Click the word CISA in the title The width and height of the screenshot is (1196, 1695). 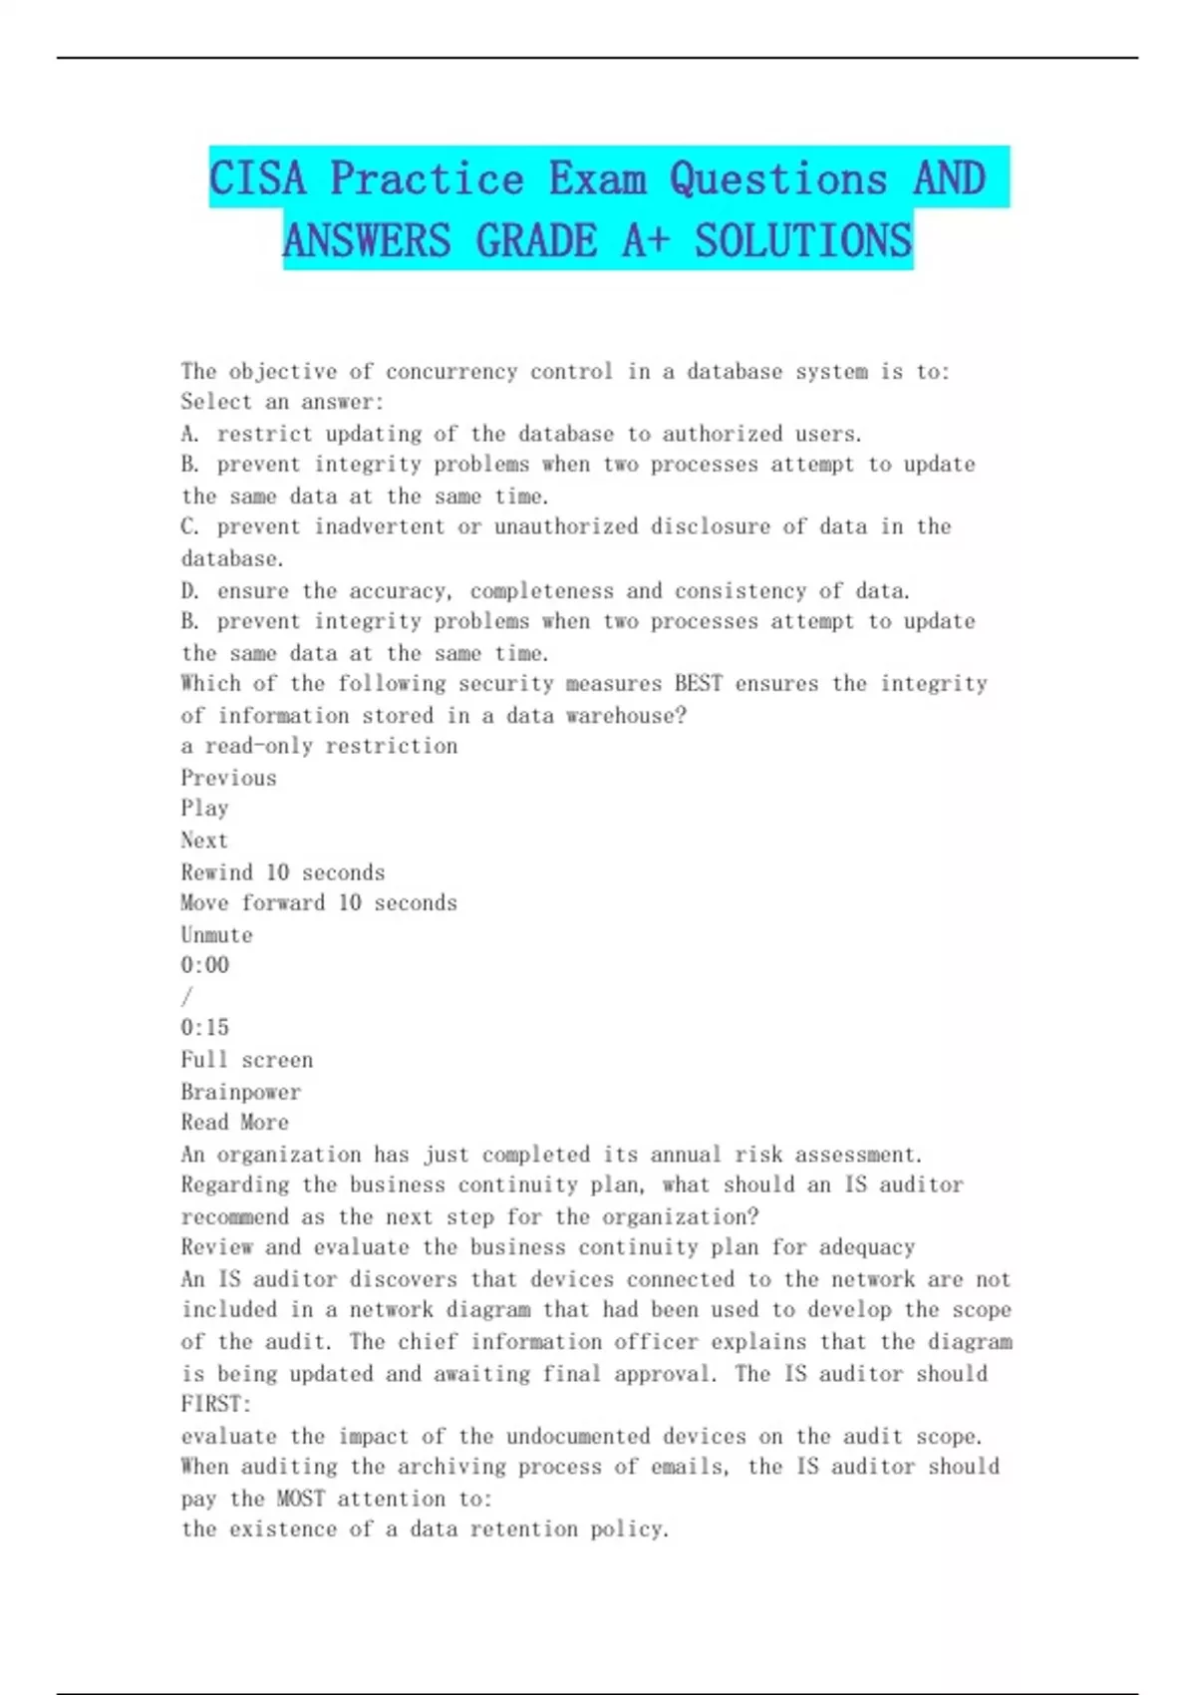pyautogui.click(x=257, y=179)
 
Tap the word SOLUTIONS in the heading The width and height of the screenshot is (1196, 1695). pyautogui.click(x=803, y=241)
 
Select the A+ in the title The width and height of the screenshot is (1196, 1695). pyautogui.click(x=645, y=241)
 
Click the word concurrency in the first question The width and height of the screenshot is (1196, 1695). pyautogui.click(x=451, y=372)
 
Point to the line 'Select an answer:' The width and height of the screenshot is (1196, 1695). pyautogui.click(x=282, y=403)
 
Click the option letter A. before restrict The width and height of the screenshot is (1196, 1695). pyautogui.click(x=190, y=434)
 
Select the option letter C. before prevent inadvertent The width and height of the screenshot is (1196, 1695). pyautogui.click(x=190, y=526)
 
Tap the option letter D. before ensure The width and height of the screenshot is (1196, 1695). pyautogui.click(x=190, y=591)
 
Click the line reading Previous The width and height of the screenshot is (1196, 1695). pyautogui.click(x=228, y=778)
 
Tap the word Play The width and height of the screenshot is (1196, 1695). pyautogui.click(x=204, y=809)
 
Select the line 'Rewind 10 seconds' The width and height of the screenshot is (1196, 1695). pyautogui.click(x=282, y=872)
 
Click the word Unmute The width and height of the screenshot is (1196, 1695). pyautogui.click(x=216, y=935)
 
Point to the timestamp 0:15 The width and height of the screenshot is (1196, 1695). pyautogui.click(x=204, y=1028)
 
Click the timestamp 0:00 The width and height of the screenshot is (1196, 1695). pyautogui.click(x=204, y=965)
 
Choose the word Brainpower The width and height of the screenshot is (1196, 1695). pyautogui.click(x=240, y=1092)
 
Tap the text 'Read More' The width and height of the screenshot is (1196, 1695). pyautogui.click(x=234, y=1123)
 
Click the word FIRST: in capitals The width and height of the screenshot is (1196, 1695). pyautogui.click(x=216, y=1404)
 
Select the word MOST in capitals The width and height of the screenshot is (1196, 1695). pyautogui.click(x=300, y=1499)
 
